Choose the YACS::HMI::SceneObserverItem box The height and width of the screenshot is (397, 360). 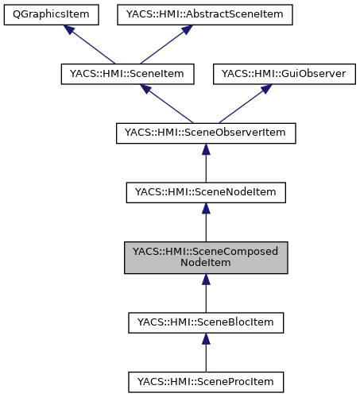coord(206,133)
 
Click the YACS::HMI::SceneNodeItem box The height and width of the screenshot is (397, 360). coord(206,191)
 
